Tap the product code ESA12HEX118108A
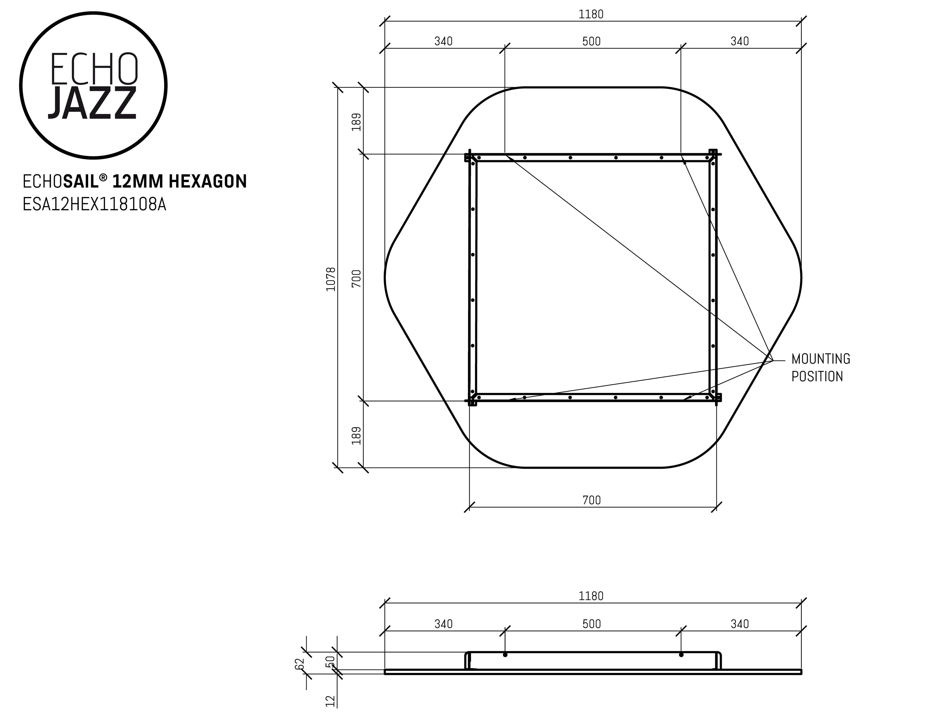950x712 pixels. click(94, 205)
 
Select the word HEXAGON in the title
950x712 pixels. click(207, 182)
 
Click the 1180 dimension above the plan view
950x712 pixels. click(591, 15)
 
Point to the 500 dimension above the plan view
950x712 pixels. click(591, 42)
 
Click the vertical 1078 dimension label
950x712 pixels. click(331, 279)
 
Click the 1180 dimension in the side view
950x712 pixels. click(591, 596)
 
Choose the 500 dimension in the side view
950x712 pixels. click(591, 624)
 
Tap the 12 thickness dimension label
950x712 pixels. click(330, 701)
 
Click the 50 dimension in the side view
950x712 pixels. click(330, 662)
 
